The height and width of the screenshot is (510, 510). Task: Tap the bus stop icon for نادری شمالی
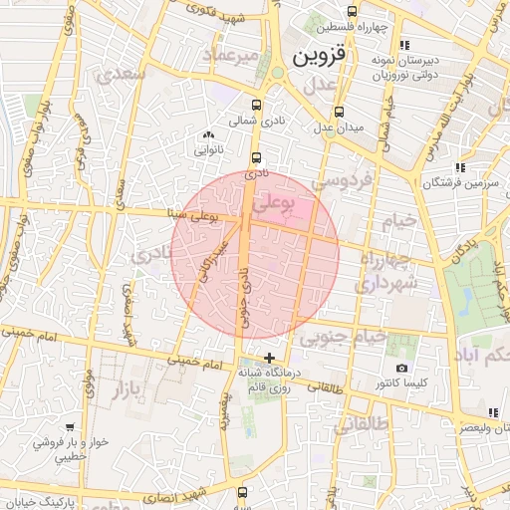coord(257,105)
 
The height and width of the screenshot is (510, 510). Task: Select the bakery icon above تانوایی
coord(208,135)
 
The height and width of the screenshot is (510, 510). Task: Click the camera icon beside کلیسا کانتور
coord(401,369)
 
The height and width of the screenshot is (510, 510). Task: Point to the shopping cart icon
coord(69,426)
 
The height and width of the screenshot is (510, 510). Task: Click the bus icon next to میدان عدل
coord(340,112)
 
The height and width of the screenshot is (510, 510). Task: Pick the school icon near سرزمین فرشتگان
coord(458,167)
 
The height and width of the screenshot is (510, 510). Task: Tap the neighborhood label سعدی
coord(120,75)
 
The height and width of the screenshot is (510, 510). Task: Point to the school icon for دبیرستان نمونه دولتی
coord(402,46)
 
